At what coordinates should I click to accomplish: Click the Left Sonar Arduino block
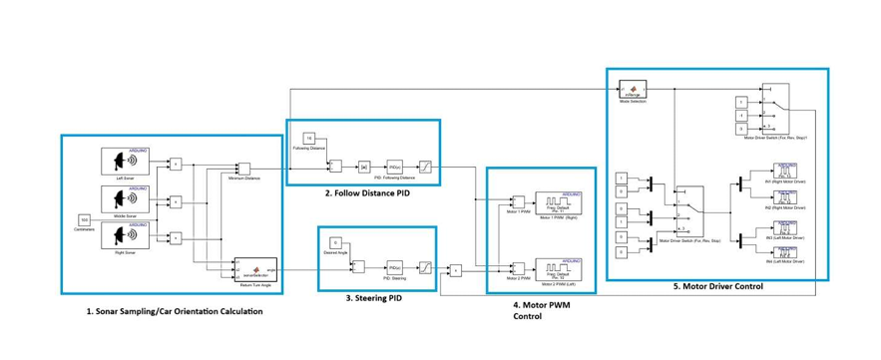tap(126, 162)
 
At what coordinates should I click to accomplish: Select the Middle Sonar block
tap(126, 198)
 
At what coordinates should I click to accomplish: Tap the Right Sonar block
tap(126, 235)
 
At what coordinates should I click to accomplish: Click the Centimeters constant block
tap(85, 218)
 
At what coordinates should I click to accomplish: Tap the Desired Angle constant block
tap(335, 242)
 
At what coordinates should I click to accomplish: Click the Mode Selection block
tap(631, 90)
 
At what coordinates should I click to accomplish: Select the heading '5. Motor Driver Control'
tap(716, 287)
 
